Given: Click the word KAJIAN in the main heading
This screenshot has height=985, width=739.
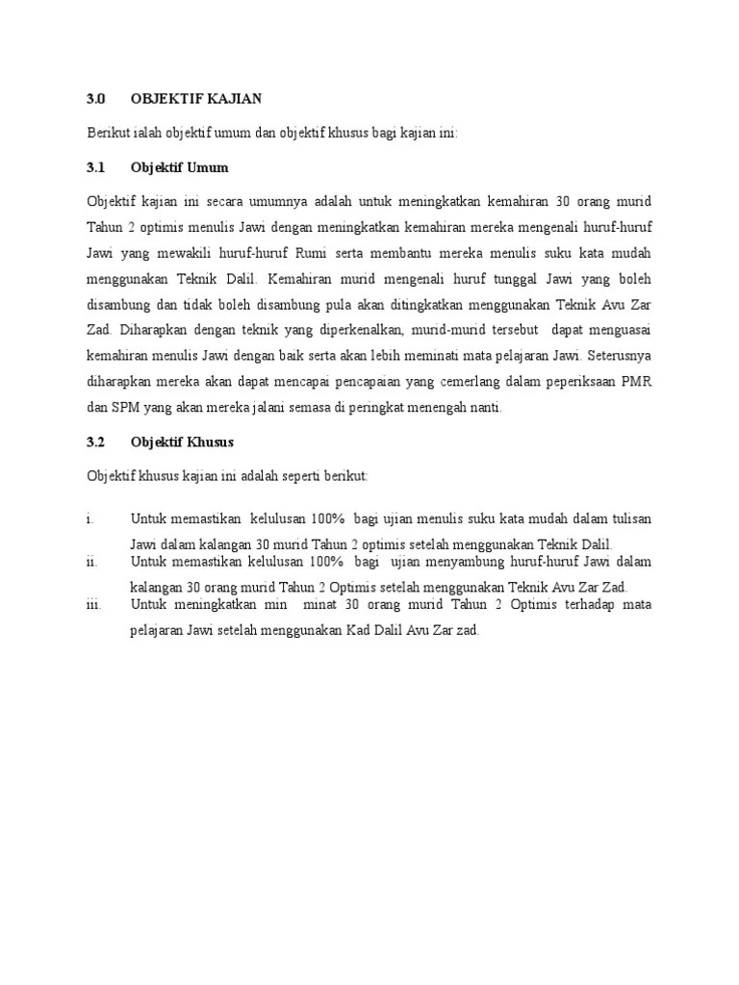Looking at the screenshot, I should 230,99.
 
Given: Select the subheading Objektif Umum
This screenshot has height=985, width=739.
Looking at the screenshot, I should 180,167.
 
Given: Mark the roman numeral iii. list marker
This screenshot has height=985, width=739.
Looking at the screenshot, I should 94,605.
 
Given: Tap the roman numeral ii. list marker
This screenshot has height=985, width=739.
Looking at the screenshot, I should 92,563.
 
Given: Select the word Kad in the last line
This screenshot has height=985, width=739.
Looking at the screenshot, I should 347,631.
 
